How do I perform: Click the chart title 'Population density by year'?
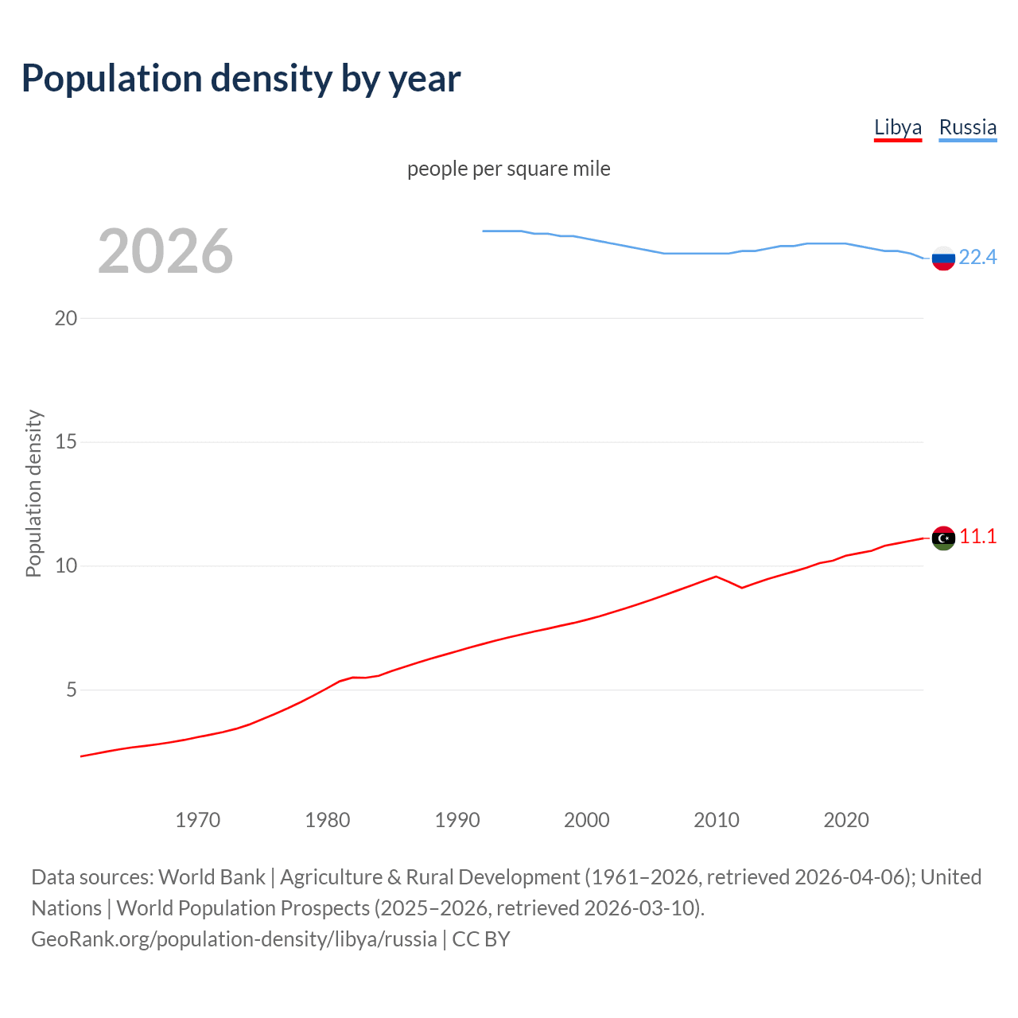[241, 78]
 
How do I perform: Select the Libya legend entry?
[897, 127]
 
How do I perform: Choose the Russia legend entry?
[967, 127]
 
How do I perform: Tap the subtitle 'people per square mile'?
[508, 169]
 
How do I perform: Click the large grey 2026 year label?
[165, 251]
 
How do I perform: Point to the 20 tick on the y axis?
[66, 318]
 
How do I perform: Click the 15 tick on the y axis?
[66, 441]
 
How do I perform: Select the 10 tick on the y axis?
[66, 565]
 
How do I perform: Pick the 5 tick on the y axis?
[72, 690]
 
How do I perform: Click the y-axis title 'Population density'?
[33, 493]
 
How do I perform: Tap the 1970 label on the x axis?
[197, 820]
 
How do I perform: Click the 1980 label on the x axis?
[327, 820]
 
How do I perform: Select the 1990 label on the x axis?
[457, 820]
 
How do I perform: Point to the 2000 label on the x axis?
[586, 820]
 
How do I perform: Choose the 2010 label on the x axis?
[716, 820]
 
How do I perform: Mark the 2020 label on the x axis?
[845, 820]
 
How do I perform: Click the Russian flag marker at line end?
[943, 258]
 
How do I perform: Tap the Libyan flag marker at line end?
[943, 538]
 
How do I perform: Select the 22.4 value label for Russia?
[977, 257]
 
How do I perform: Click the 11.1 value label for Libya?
[977, 537]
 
